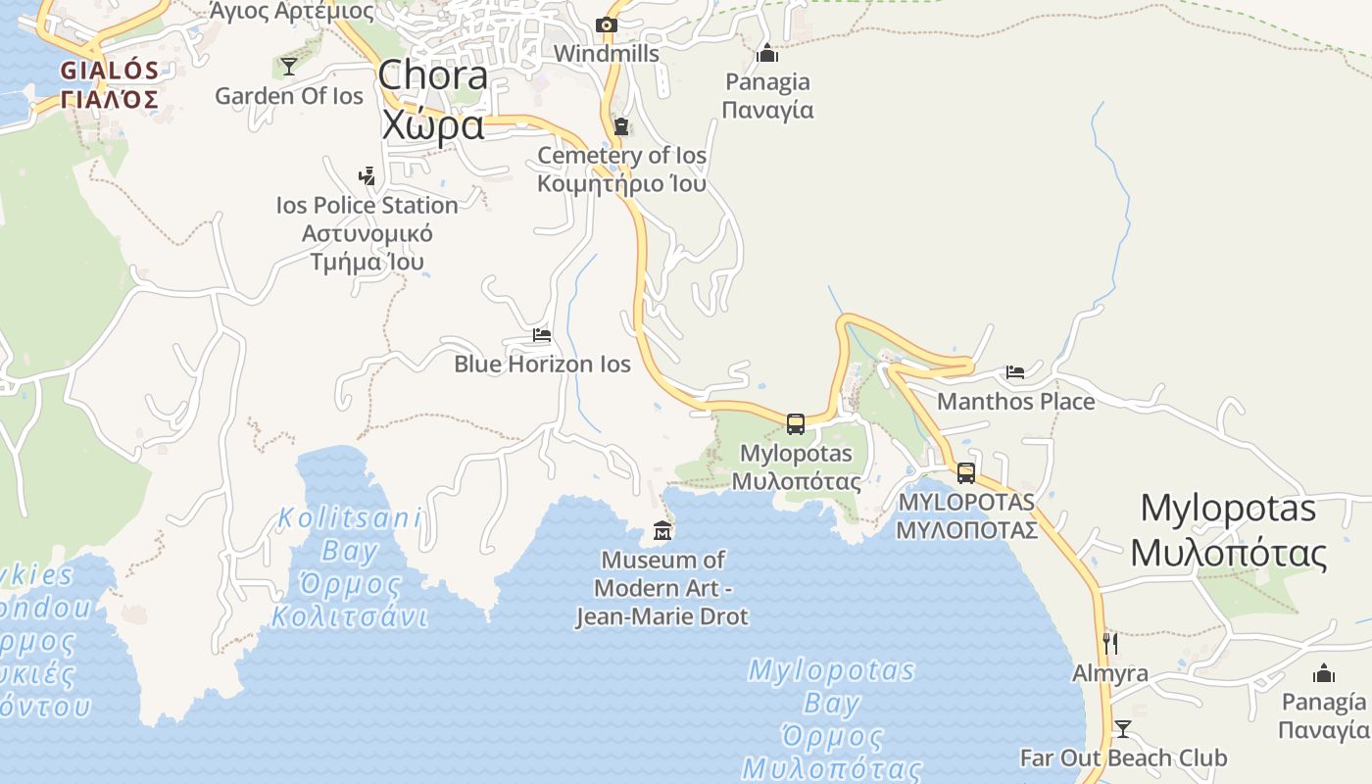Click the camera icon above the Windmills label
click(x=607, y=25)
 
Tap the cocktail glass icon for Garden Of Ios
click(x=289, y=67)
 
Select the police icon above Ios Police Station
click(x=367, y=177)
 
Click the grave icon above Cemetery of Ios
click(x=621, y=126)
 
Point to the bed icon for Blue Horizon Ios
click(x=542, y=335)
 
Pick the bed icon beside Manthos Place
click(x=1015, y=372)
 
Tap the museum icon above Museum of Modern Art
click(x=662, y=531)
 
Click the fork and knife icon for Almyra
click(x=1110, y=644)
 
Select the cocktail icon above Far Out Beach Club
click(x=1123, y=729)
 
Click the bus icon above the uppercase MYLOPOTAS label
click(x=966, y=473)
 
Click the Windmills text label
click(x=607, y=54)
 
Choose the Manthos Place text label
click(x=1016, y=402)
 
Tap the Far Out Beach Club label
click(x=1123, y=759)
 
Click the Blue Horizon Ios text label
click(x=542, y=365)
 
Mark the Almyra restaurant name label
click(x=1110, y=674)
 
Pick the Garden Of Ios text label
click(x=289, y=96)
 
